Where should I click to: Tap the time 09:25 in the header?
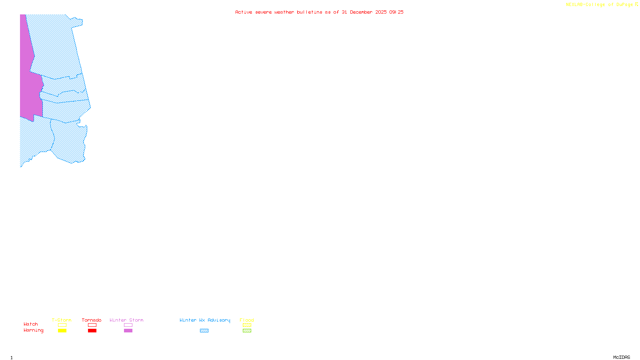click(x=396, y=12)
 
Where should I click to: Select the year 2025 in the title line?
click(x=381, y=12)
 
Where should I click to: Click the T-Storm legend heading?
click(x=62, y=320)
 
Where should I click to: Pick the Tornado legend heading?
click(x=92, y=320)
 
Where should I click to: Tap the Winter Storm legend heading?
click(x=126, y=320)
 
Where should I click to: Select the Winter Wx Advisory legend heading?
click(x=205, y=320)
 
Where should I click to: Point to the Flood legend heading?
click(x=247, y=320)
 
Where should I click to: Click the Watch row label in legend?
click(x=31, y=324)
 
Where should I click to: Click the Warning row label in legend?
click(x=34, y=330)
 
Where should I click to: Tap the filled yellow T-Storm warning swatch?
click(x=62, y=331)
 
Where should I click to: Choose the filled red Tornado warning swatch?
click(x=92, y=331)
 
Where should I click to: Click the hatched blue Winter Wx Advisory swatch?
click(x=204, y=331)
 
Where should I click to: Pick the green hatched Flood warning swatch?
click(x=247, y=331)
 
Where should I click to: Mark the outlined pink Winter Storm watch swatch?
click(x=128, y=325)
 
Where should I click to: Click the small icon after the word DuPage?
click(x=636, y=4)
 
